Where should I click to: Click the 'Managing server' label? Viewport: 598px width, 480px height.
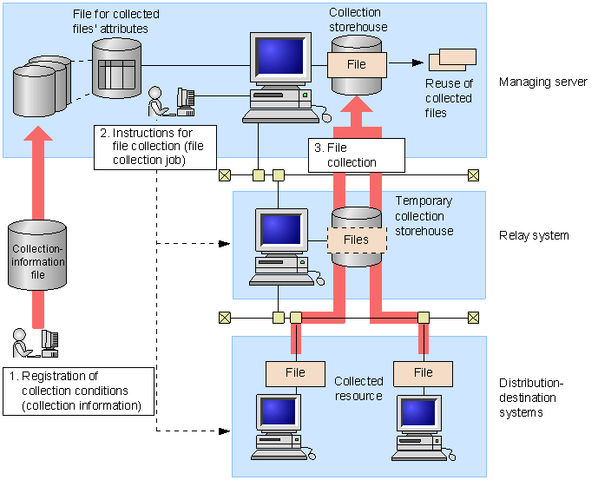click(x=543, y=82)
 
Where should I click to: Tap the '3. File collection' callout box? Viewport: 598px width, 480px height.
click(x=357, y=155)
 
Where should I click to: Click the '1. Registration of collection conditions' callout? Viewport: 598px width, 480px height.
click(x=79, y=390)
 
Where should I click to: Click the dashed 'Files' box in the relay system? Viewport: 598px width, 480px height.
click(x=356, y=240)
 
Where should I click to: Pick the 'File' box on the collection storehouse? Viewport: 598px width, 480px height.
click(x=356, y=64)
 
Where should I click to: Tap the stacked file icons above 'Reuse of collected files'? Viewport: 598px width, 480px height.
click(x=452, y=59)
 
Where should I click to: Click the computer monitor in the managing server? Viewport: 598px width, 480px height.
click(x=279, y=57)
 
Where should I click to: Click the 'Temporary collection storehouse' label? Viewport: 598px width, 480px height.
click(x=425, y=216)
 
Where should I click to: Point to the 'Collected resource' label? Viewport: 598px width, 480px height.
click(x=358, y=388)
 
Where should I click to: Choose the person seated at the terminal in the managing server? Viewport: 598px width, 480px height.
click(x=157, y=101)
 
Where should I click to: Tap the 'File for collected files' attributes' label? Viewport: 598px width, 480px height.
click(x=115, y=22)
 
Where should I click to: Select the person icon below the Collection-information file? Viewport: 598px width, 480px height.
click(x=21, y=342)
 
